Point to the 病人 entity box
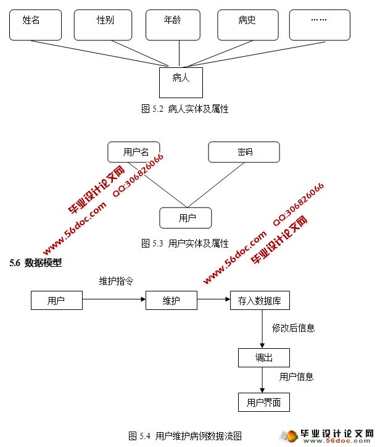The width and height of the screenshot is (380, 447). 181,82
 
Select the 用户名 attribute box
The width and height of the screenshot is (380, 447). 133,152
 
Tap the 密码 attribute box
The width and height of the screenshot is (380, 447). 244,152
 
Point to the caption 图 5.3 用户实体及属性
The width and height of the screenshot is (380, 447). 185,243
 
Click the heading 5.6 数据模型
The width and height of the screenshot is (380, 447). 35,263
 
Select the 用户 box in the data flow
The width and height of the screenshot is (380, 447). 56,301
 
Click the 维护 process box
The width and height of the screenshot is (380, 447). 171,301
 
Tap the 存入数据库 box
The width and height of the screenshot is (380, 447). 259,301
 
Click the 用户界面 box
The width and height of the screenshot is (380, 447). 263,403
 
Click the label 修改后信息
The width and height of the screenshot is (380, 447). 294,328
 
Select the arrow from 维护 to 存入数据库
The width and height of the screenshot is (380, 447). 213,301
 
